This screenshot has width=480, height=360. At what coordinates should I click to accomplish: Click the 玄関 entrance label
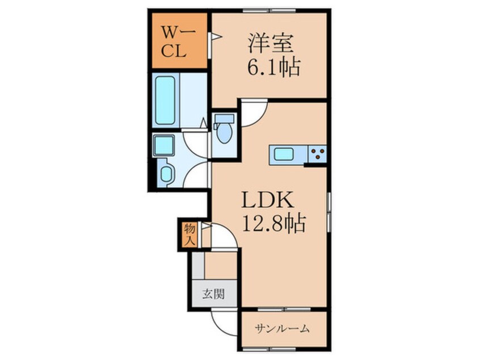(213, 294)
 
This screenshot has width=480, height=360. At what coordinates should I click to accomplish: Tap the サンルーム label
(283, 328)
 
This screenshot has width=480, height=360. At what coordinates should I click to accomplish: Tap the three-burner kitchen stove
(317, 153)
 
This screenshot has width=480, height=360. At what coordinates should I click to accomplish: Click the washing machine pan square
(164, 145)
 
